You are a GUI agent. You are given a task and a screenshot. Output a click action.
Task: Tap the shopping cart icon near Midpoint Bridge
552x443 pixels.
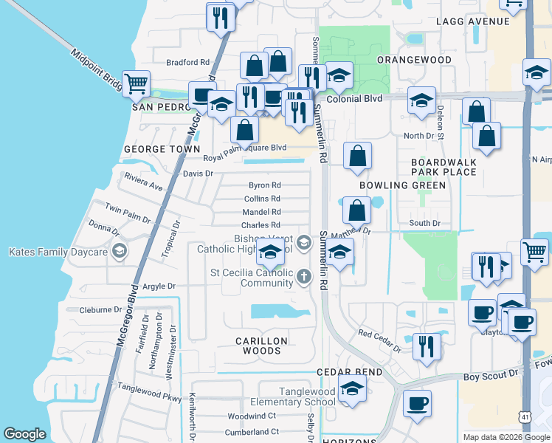[x=136, y=84]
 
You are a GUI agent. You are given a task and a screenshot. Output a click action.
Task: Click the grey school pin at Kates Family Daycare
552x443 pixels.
[x=118, y=253]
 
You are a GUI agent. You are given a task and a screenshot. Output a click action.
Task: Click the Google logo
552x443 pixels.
[x=24, y=434]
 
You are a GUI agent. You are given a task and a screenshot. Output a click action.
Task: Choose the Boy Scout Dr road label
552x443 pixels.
[x=491, y=377]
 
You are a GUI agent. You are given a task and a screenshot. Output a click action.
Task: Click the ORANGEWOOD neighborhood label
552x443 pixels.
[x=414, y=60]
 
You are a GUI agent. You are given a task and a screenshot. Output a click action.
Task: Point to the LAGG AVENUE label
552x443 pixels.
[x=473, y=21]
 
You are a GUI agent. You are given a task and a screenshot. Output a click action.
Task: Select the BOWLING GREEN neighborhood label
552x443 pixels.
[x=403, y=185]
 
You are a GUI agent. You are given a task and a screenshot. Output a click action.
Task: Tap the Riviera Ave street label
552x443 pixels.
[x=143, y=182]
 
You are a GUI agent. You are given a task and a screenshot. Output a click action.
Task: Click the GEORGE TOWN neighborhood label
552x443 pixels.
[x=162, y=149]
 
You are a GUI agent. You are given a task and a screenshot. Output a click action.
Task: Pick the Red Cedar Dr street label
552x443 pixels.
[x=379, y=338]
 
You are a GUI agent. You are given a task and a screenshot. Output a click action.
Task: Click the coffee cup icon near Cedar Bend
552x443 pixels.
[x=417, y=403]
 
